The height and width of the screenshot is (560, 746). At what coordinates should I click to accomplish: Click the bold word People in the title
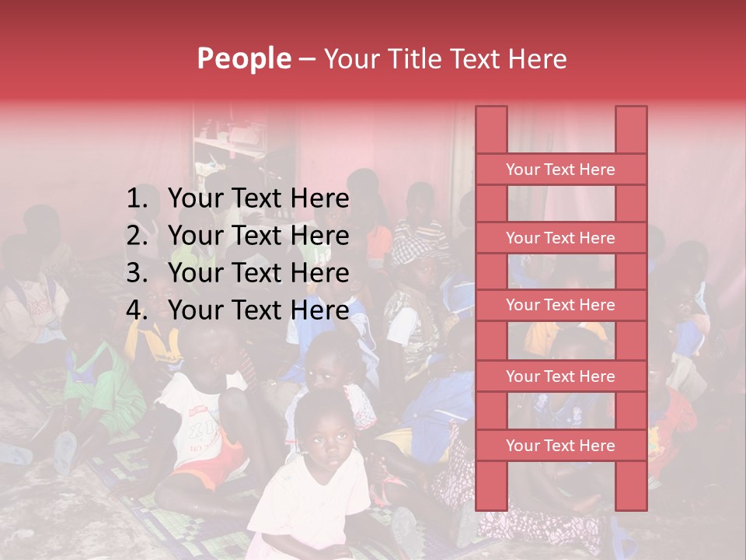(x=244, y=58)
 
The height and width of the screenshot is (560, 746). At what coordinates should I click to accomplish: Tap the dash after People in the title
(x=306, y=59)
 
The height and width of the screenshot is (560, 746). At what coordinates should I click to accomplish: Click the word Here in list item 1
(x=319, y=199)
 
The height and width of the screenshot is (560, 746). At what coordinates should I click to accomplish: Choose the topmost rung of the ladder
(x=560, y=170)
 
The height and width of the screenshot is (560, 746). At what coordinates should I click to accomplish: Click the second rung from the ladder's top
(x=560, y=238)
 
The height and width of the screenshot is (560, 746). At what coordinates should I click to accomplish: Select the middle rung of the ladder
(x=560, y=305)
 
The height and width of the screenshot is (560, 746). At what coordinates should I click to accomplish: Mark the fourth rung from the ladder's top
(x=560, y=376)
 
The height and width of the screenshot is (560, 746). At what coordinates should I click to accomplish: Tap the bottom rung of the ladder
(x=560, y=446)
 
